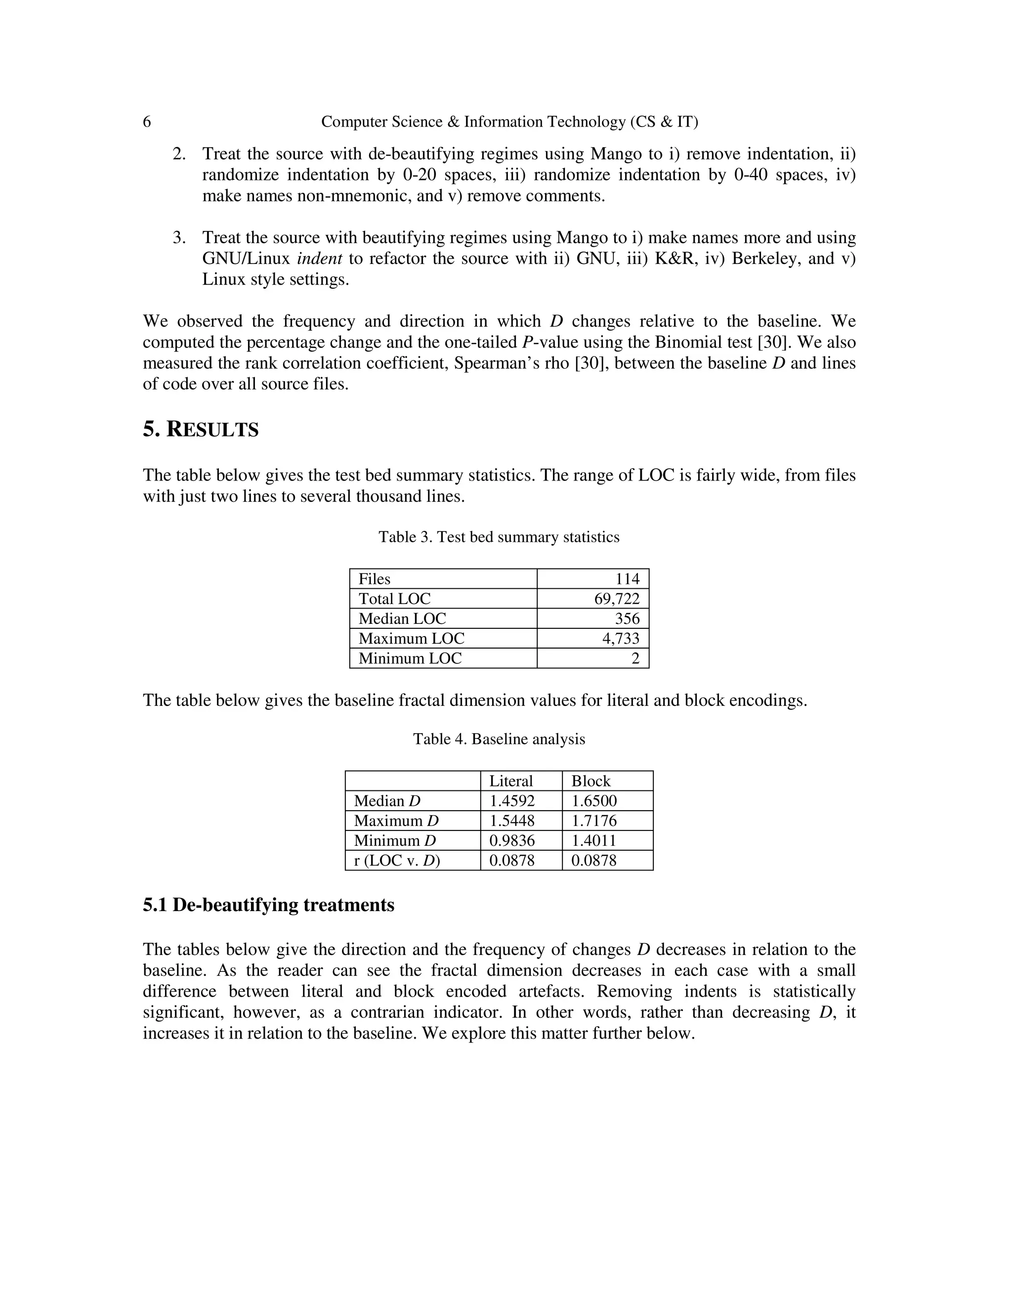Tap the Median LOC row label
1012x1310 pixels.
point(402,618)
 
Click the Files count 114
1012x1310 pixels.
point(627,578)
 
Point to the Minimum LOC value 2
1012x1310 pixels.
point(635,658)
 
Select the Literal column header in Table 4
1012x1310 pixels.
point(511,781)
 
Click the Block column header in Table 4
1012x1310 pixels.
point(590,781)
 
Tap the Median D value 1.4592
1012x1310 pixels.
point(512,800)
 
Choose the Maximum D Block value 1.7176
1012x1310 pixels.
point(593,820)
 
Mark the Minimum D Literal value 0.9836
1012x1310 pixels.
point(512,840)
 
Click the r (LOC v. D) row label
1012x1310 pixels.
point(397,860)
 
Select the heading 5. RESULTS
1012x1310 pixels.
point(200,430)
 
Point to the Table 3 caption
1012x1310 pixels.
point(499,536)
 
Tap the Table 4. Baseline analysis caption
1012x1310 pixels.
point(499,739)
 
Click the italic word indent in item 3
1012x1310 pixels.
point(320,259)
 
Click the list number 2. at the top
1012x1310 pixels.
point(179,154)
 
